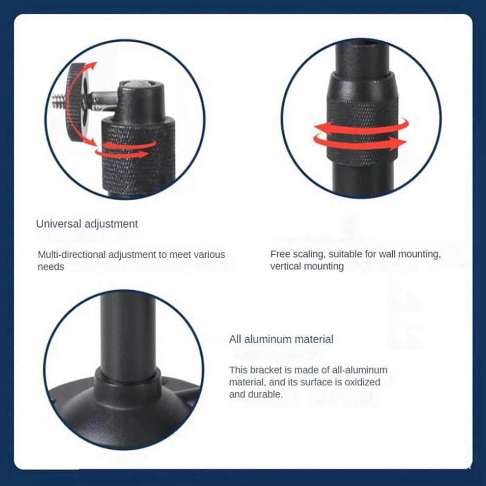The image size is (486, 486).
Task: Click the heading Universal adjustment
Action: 87,224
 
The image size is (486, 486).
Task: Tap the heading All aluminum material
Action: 281,339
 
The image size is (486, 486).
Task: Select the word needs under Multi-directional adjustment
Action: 51,267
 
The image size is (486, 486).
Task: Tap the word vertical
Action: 286,266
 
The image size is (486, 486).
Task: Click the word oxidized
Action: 362,382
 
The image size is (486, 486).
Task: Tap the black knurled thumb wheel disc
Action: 76,102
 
